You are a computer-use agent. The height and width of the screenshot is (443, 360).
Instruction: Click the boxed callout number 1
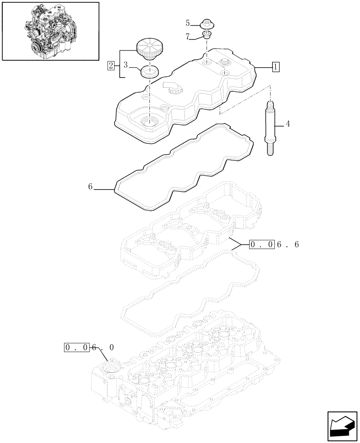(275, 67)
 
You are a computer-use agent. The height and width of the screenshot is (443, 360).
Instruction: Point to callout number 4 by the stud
(287, 124)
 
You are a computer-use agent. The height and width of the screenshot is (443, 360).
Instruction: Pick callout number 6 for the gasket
(90, 187)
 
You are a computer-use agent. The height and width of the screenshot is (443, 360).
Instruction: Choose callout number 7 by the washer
(188, 37)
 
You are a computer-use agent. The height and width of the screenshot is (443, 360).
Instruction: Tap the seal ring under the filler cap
(149, 70)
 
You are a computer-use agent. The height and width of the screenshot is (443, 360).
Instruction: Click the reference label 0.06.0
(89, 348)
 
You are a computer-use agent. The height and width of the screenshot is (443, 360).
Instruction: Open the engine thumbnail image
(51, 31)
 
